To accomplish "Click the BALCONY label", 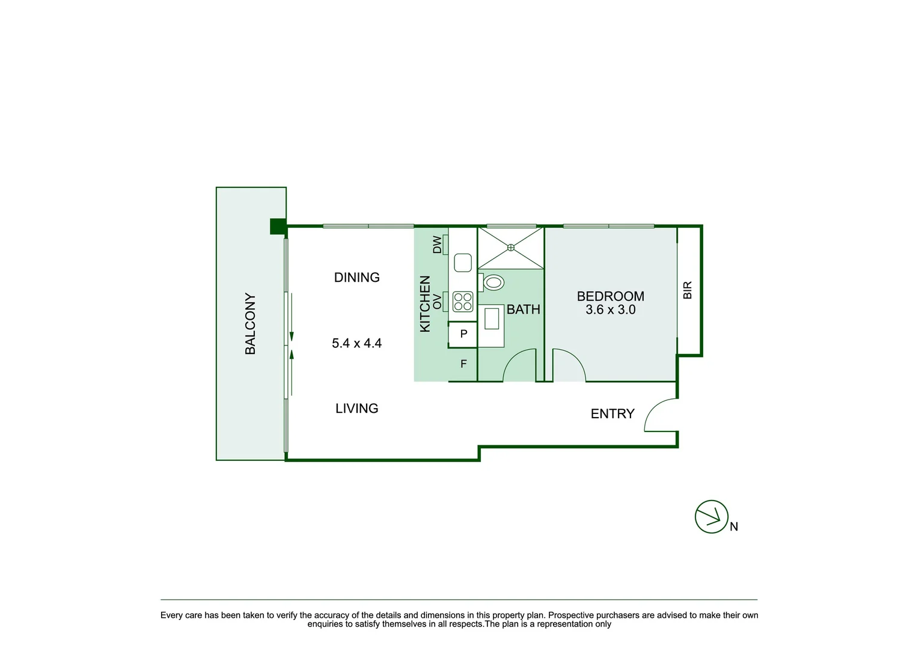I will pyautogui.click(x=250, y=324).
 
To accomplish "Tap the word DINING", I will pyautogui.click(x=356, y=278).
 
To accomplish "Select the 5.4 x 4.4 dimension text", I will pyautogui.click(x=356, y=343).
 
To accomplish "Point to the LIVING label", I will pyautogui.click(x=356, y=409).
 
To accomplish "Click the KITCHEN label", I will pyautogui.click(x=425, y=304).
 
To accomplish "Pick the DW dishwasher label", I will pyautogui.click(x=438, y=245).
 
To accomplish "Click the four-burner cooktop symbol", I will pyautogui.click(x=463, y=302).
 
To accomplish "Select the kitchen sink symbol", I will pyautogui.click(x=463, y=263).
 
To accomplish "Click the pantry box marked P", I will pyautogui.click(x=463, y=334).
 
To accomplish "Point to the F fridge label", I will pyautogui.click(x=463, y=364).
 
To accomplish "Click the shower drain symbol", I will pyautogui.click(x=511, y=247).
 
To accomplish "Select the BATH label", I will pyautogui.click(x=523, y=309).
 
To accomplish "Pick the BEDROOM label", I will pyautogui.click(x=610, y=296).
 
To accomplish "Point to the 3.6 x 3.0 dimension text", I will pyautogui.click(x=610, y=310).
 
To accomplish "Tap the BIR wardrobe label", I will pyautogui.click(x=688, y=290).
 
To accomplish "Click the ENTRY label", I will pyautogui.click(x=612, y=414).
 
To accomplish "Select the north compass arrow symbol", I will pyautogui.click(x=712, y=517).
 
